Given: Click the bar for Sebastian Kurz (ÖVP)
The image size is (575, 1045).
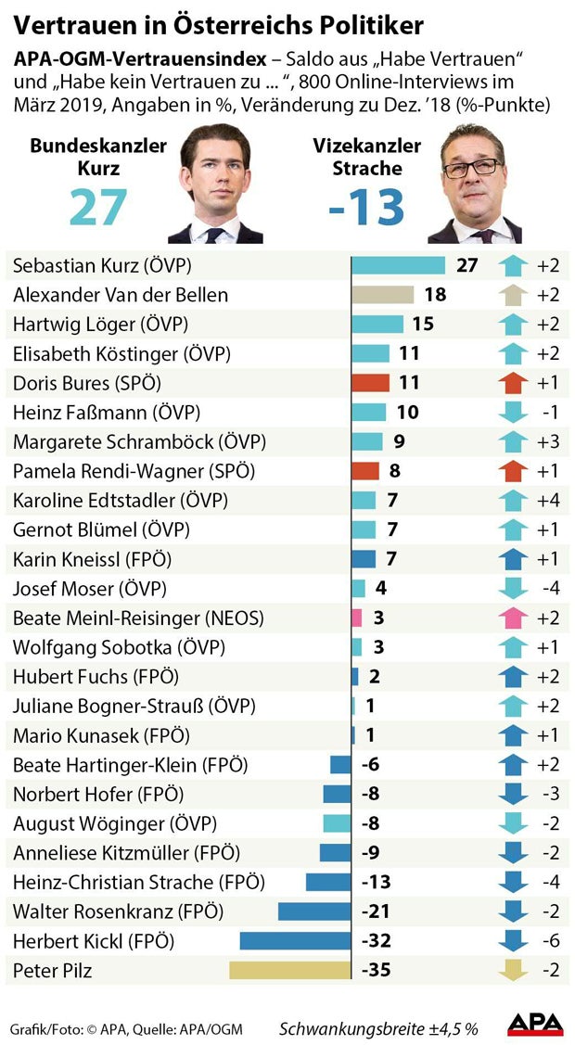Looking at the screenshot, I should tap(399, 265).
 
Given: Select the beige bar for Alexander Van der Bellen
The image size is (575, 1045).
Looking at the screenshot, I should tap(382, 295).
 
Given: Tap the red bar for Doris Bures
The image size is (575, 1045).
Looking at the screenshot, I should tap(370, 382).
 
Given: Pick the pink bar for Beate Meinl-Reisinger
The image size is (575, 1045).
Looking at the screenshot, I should tap(357, 618).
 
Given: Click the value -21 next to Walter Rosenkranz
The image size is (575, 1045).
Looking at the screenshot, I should tap(377, 911).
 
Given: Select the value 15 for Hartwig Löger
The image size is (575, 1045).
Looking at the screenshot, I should tap(423, 324).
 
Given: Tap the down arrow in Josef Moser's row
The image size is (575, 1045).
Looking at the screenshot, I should tap(512, 589).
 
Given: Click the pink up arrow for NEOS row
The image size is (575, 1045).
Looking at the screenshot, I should tap(512, 618).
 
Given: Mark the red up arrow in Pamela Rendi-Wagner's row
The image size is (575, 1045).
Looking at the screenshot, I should tap(512, 470).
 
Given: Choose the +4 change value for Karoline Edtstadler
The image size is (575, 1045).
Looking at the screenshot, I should tap(548, 500).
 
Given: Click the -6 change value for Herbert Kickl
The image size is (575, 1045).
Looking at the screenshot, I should tap(549, 941).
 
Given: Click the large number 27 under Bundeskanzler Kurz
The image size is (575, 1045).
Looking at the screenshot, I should tap(98, 206).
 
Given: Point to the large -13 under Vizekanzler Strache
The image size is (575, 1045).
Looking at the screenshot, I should tap(366, 206).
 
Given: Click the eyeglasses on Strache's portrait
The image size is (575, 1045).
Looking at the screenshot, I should tap(472, 170).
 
